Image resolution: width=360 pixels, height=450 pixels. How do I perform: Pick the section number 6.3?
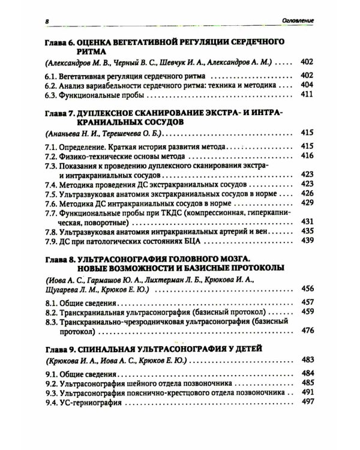[x=52, y=95]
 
